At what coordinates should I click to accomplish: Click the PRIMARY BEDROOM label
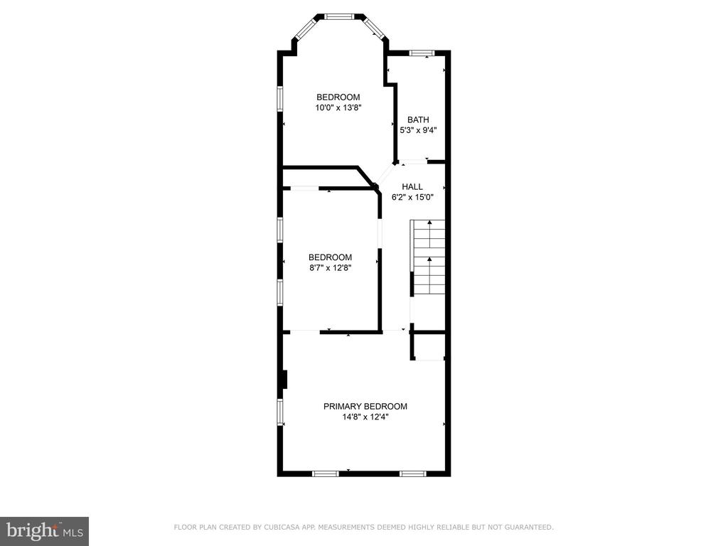point(365,406)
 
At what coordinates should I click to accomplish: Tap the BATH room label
point(418,119)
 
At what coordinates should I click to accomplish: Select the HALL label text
point(412,187)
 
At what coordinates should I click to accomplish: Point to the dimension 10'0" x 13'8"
point(338,108)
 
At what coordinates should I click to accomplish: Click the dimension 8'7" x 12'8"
point(330,268)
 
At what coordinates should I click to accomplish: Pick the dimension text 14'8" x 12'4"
point(365,417)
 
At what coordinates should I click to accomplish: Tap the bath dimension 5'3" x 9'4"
point(418,131)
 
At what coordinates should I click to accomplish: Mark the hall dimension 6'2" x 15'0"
point(412,198)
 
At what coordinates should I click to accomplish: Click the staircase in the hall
point(427,257)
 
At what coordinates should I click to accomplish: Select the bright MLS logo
point(45,531)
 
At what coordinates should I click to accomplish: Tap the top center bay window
point(339,17)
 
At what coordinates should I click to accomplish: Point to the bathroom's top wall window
point(422,53)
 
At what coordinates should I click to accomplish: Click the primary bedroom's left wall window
point(280,412)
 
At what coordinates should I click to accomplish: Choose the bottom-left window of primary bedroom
point(325,473)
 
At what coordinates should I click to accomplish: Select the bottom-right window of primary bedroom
point(413,473)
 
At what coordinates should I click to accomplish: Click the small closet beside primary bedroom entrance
point(429,346)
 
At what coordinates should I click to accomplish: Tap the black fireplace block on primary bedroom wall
point(285,380)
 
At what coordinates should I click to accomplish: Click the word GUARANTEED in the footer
point(529,527)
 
